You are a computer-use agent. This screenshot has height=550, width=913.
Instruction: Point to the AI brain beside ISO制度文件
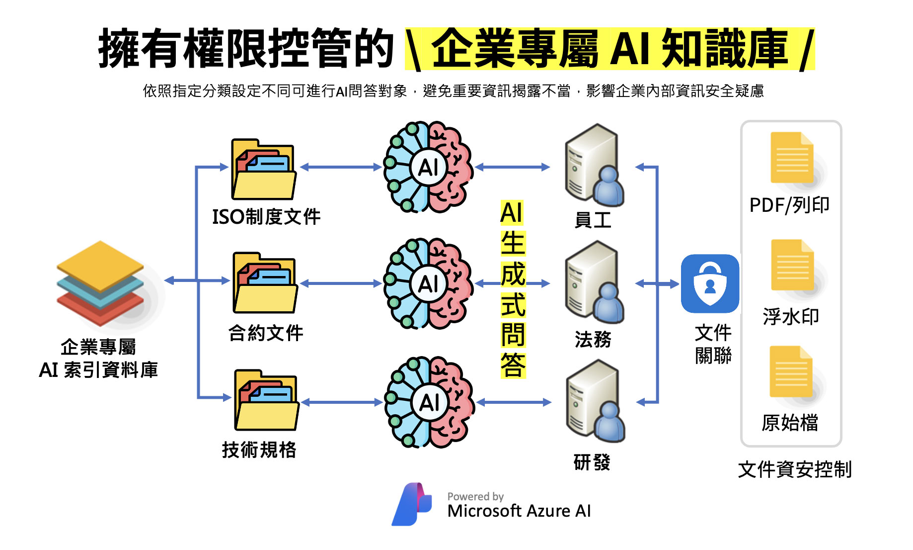(x=428, y=167)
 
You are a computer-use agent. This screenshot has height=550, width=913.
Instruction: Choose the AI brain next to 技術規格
(x=429, y=402)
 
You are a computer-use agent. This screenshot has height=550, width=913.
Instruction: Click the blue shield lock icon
(x=710, y=283)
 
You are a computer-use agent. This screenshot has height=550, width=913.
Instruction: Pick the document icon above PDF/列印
(x=792, y=158)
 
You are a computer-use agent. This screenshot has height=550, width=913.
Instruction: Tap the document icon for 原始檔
(x=791, y=371)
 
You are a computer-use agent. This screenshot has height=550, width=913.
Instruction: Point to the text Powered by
(x=475, y=496)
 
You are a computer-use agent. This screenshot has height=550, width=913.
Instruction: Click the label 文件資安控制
(x=795, y=469)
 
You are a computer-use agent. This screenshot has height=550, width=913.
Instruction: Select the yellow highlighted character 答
(x=513, y=365)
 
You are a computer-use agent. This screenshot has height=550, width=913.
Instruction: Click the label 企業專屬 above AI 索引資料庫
(x=98, y=347)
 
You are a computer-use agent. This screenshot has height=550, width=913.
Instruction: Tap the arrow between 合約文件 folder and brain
(x=341, y=283)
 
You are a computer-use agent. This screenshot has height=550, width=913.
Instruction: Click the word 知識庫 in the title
(x=725, y=48)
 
